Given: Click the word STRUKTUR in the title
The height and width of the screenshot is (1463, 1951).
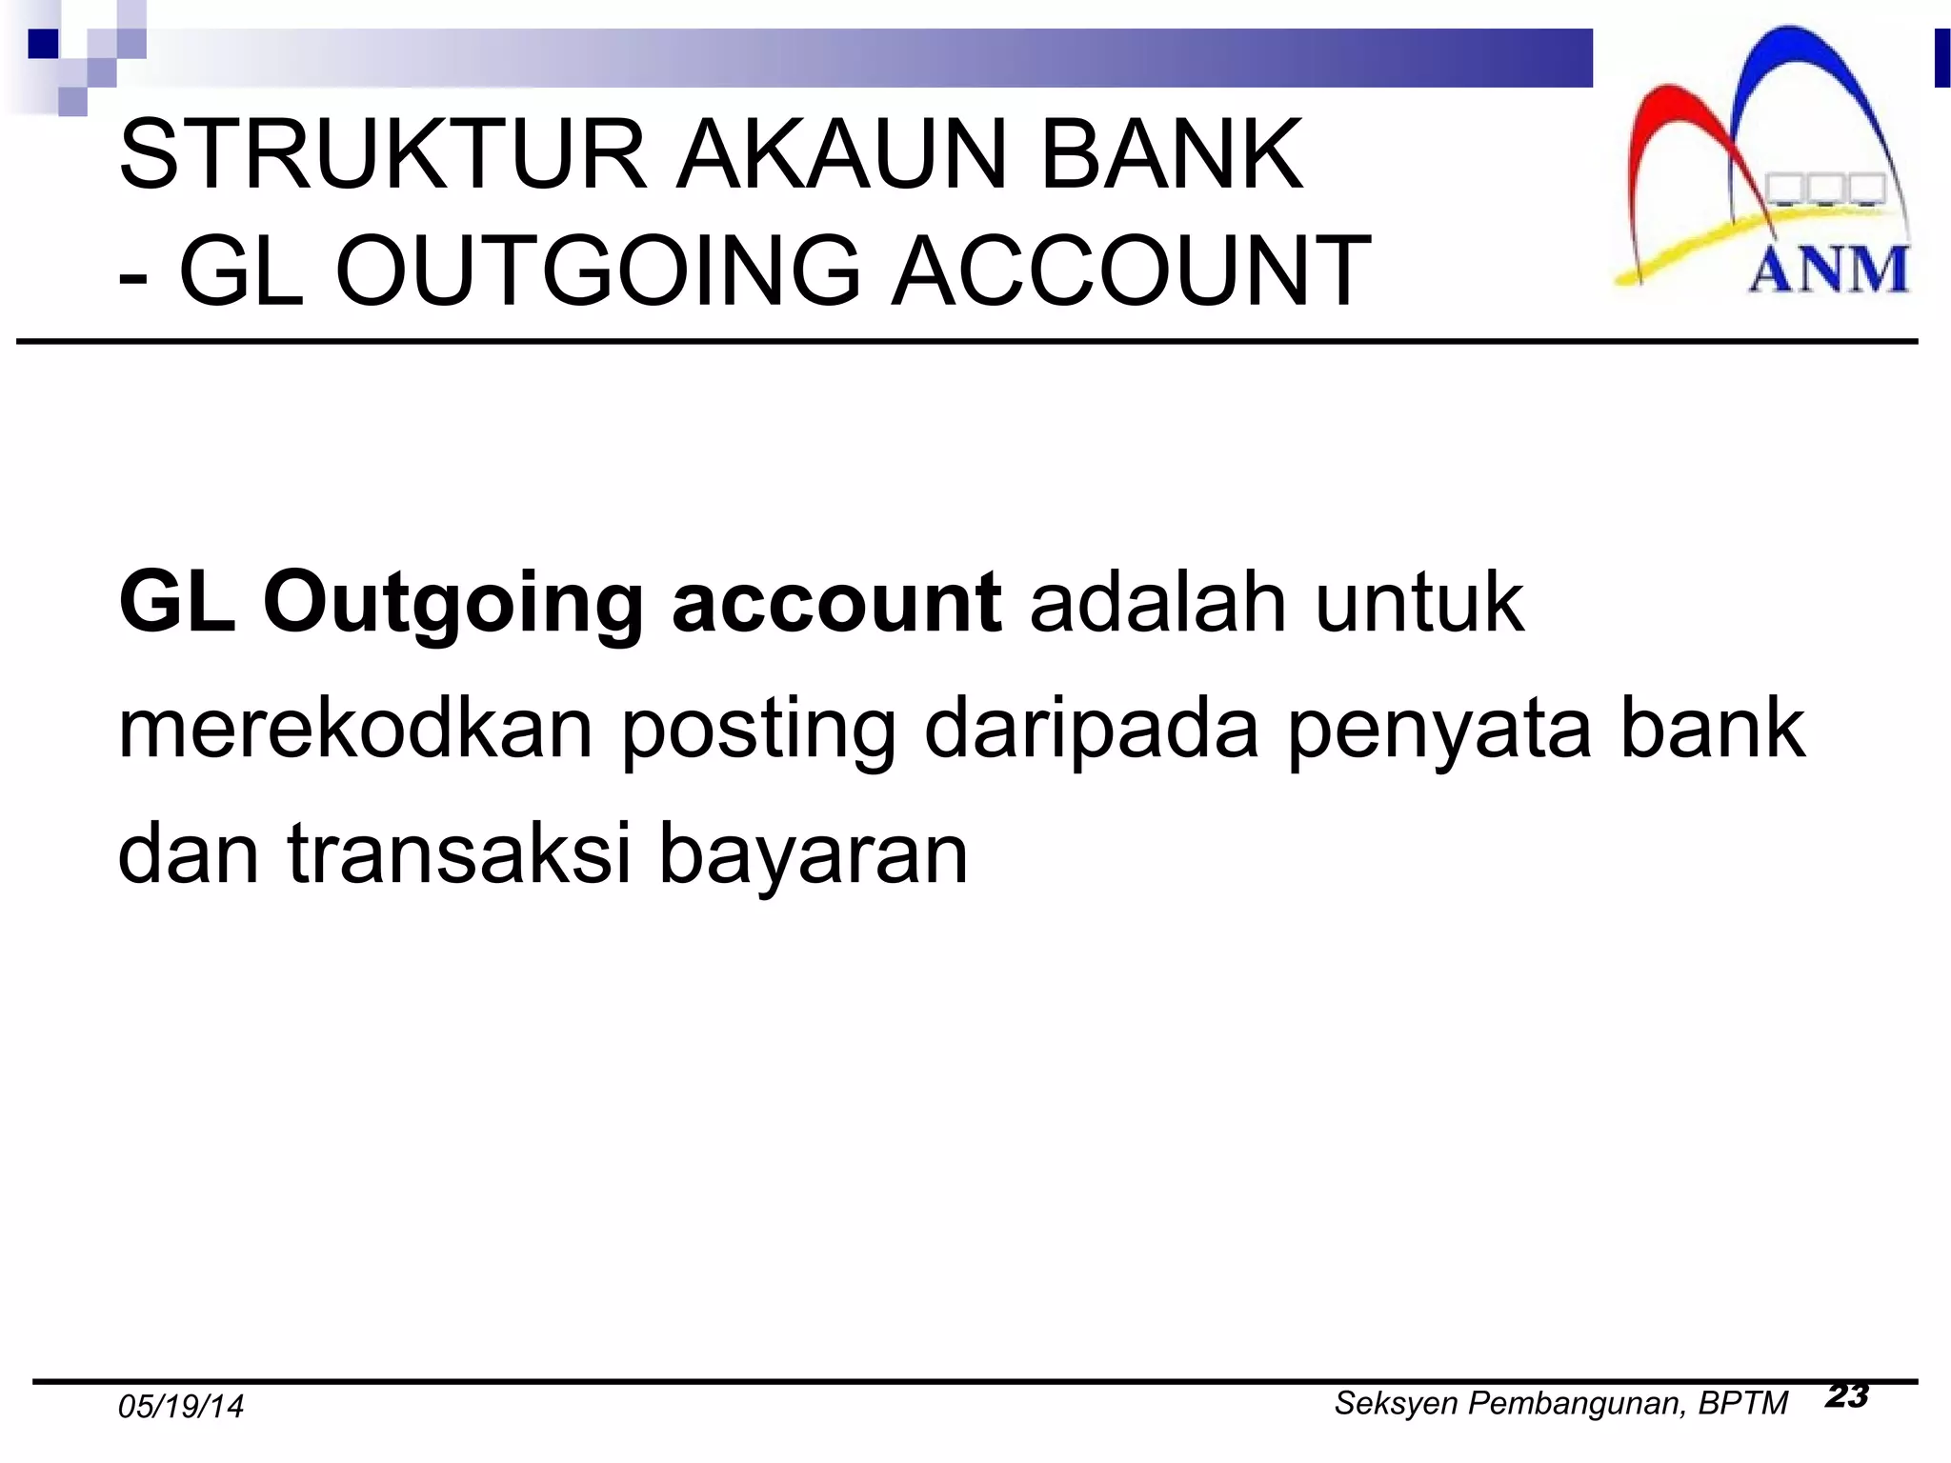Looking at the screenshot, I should click(x=383, y=154).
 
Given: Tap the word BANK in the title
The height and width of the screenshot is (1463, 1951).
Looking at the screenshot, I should click(x=1171, y=154).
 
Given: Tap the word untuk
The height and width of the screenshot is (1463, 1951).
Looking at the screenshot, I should click(x=1419, y=602).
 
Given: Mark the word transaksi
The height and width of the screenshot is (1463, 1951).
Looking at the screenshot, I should click(x=459, y=852).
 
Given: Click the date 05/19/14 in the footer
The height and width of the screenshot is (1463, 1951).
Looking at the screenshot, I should click(x=181, y=1407).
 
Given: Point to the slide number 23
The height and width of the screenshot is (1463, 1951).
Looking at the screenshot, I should click(x=1847, y=1396).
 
